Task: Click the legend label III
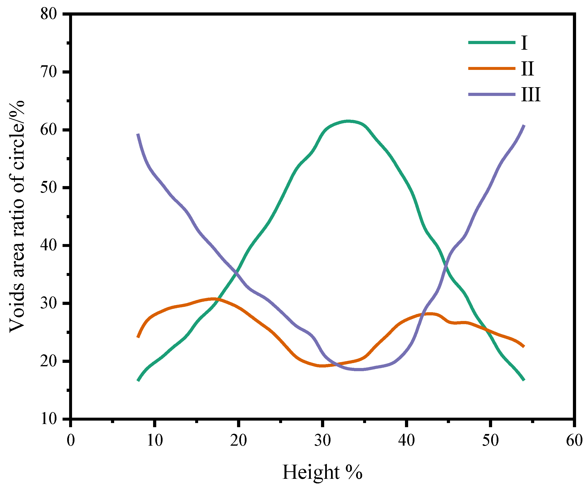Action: click(531, 94)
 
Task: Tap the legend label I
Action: click(524, 43)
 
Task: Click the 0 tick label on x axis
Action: click(71, 440)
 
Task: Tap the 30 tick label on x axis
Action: click(322, 440)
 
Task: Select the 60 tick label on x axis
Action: click(574, 440)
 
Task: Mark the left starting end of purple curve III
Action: click(138, 134)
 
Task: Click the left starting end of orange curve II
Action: click(138, 337)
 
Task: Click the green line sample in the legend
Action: click(492, 43)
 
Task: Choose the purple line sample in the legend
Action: click(492, 94)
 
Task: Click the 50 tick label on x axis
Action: click(490, 440)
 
